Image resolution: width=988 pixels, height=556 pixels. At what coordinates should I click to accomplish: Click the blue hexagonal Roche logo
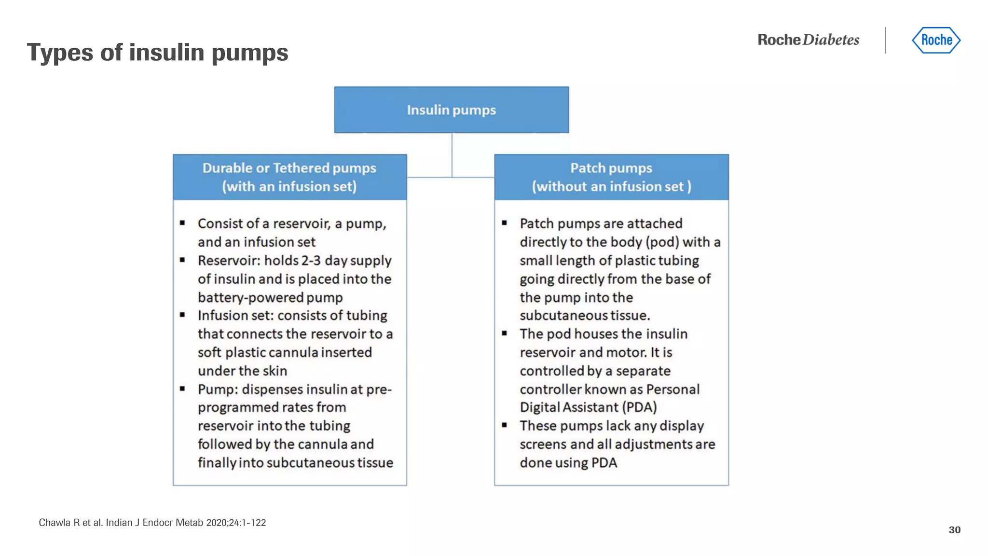pos(936,40)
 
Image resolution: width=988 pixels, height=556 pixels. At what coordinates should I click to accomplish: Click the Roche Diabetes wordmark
pos(808,40)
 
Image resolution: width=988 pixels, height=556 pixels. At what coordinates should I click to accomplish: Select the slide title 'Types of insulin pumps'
pos(157,52)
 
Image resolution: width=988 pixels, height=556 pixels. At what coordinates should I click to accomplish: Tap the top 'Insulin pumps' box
pos(451,110)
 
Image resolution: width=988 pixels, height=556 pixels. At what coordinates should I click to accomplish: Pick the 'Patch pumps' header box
pos(611,177)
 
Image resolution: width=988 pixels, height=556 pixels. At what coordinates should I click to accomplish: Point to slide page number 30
pos(954,530)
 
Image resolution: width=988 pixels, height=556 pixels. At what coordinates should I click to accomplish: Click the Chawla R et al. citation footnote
pos(152,523)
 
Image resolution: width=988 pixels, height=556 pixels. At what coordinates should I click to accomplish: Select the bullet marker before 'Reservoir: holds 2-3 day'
pos(182,260)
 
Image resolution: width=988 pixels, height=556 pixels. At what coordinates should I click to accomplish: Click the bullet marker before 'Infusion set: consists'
pos(182,315)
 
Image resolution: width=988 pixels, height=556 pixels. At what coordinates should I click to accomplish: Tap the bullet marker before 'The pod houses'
pos(504,333)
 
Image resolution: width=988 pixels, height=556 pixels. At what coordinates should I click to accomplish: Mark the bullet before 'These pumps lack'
pos(504,425)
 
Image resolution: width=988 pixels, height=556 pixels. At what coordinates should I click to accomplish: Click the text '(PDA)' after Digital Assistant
pos(639,407)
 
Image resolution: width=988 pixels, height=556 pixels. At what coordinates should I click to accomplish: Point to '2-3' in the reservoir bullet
pos(311,261)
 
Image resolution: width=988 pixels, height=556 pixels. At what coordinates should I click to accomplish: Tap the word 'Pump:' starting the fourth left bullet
pos(217,389)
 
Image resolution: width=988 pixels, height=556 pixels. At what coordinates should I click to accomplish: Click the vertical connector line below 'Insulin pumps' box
pos(452,154)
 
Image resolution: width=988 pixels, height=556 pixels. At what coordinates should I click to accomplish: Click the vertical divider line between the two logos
pos(886,40)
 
